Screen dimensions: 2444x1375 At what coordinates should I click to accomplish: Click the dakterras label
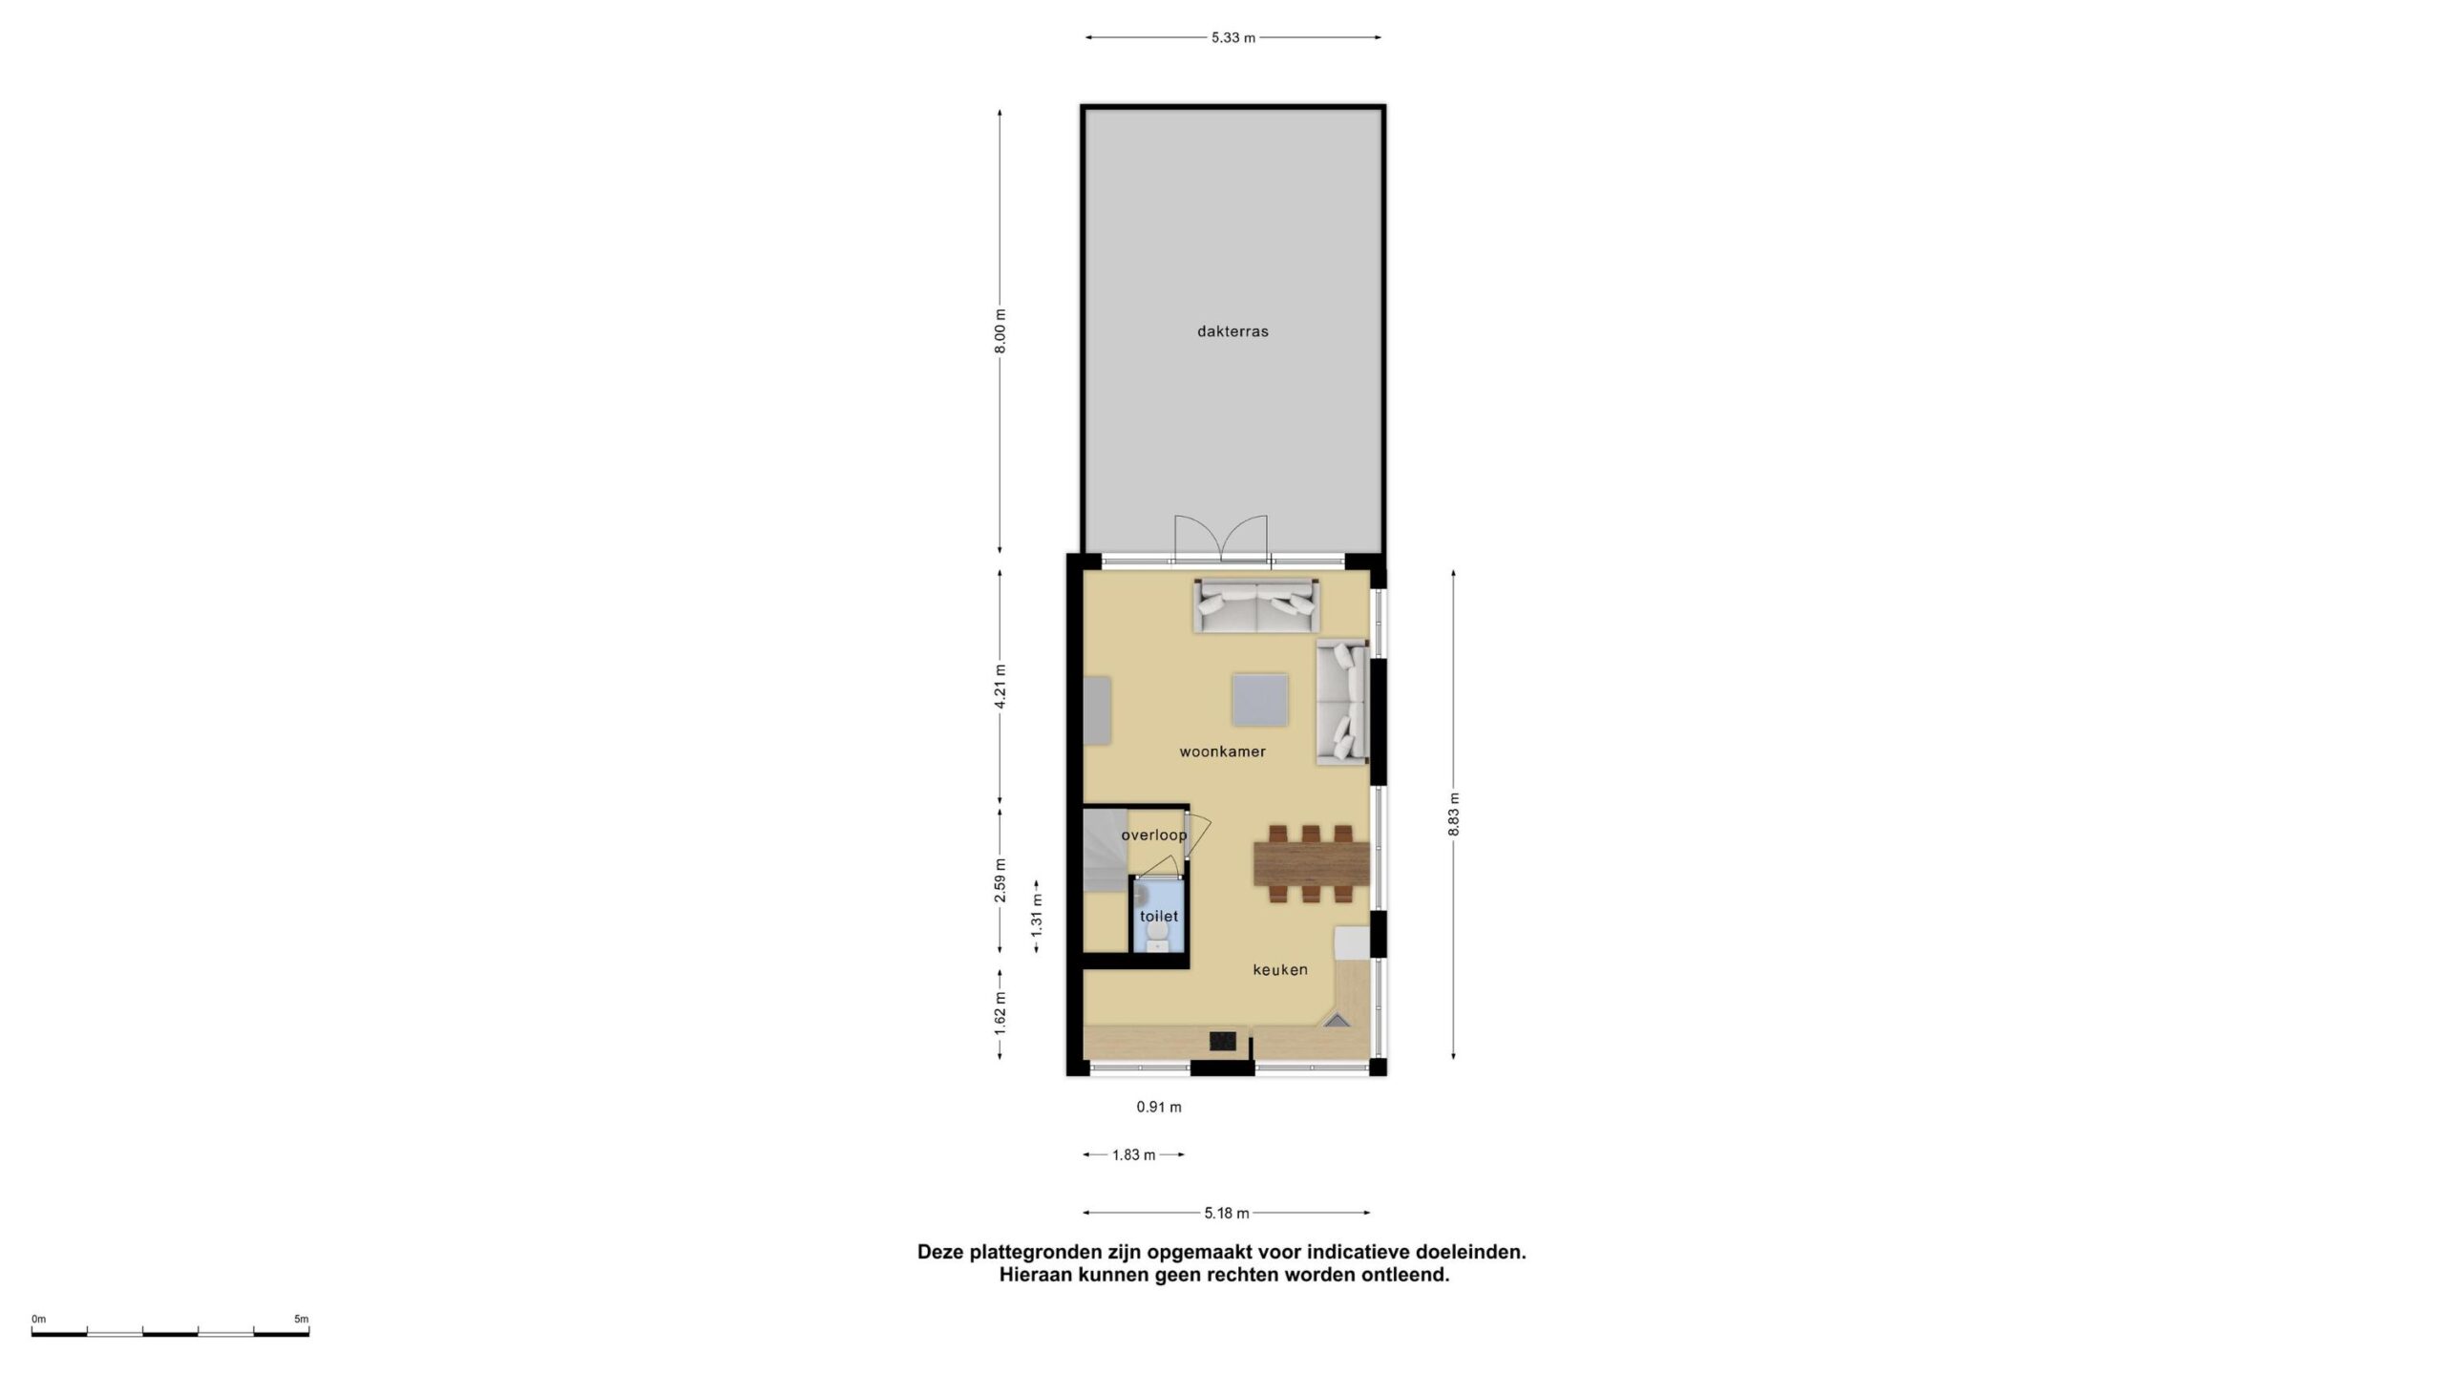point(1233,332)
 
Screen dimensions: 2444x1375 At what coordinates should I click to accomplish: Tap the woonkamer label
point(1222,751)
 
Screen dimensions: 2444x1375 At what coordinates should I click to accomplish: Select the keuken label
point(1280,969)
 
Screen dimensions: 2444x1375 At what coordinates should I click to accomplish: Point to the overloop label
point(1154,836)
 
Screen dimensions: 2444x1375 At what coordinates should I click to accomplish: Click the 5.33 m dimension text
point(1233,38)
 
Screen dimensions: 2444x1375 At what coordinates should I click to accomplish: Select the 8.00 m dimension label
point(1000,331)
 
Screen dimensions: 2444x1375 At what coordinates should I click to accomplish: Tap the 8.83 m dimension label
point(1453,814)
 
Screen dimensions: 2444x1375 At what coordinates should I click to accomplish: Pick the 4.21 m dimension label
point(1000,687)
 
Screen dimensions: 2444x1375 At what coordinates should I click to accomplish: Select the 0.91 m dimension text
point(1159,1108)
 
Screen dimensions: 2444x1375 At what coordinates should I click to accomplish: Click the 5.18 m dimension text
point(1227,1214)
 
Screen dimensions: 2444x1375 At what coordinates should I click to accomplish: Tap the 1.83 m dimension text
point(1134,1155)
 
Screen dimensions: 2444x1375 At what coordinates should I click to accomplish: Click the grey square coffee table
point(1260,701)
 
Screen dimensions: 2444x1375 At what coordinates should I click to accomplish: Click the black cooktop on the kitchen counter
point(1223,1040)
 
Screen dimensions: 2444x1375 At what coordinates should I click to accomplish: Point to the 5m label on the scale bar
point(302,1320)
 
